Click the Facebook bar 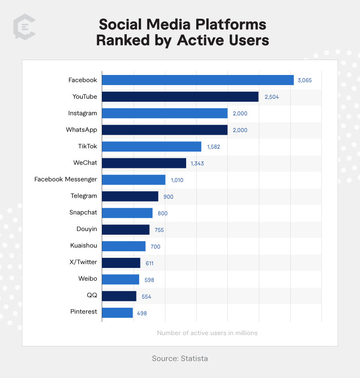coord(198,80)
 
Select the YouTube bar coord(180,96)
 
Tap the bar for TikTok coord(151,146)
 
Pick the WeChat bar coord(144,163)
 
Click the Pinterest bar coord(117,313)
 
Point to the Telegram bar coord(130,196)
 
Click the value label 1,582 coord(213,147)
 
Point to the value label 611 coord(150,264)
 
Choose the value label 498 coord(141,313)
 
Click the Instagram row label coord(83,113)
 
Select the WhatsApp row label coord(81,130)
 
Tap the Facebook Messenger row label coord(66,179)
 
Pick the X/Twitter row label coord(83,262)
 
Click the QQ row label coord(92,296)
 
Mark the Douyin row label coord(86,229)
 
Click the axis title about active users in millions coord(207,333)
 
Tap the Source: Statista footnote coord(180,358)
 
